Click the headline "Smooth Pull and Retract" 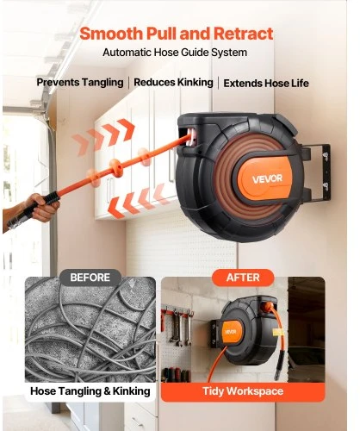coord(177,34)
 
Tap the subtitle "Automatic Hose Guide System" coord(175,53)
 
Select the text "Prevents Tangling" coord(80,83)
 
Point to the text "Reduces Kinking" coord(173,83)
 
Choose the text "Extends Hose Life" coord(266,84)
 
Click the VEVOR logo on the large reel coord(267,179)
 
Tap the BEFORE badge coord(90,278)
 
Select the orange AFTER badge coord(243,278)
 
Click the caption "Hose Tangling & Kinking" coord(90,391)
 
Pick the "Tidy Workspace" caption coord(243,391)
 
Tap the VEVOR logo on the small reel coord(230,332)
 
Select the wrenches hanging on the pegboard coord(180,328)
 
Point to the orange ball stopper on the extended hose coord(116,168)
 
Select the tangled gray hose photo coord(90,329)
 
